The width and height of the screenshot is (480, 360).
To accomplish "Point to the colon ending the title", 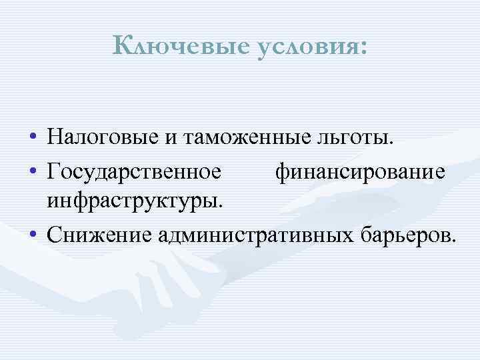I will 363,49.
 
